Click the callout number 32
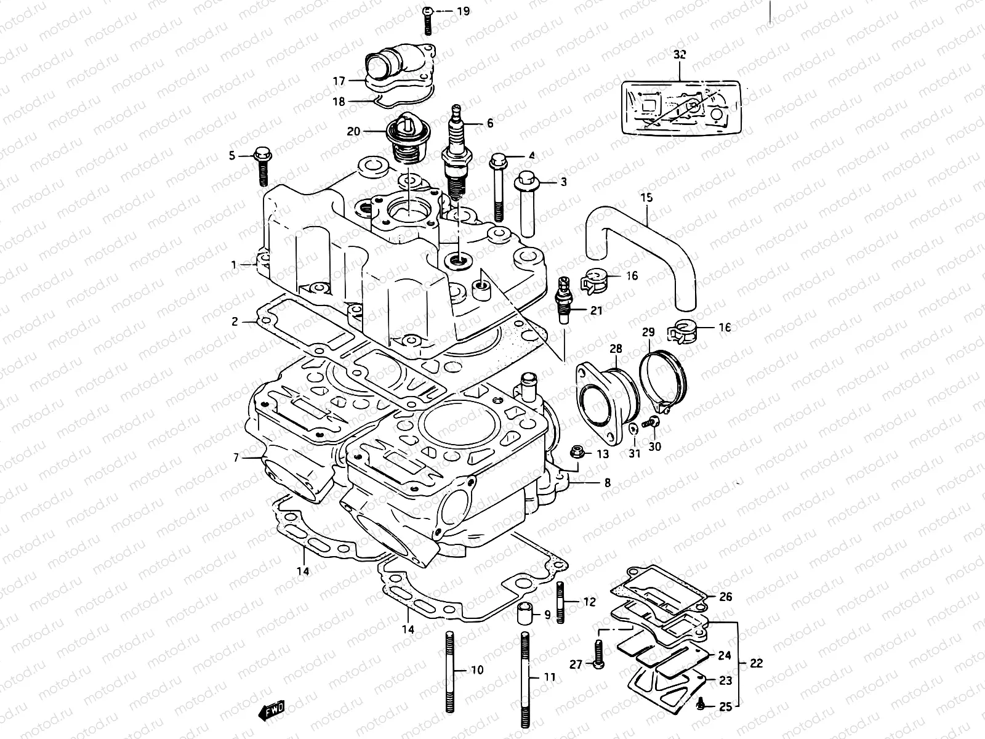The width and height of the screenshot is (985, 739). click(x=679, y=54)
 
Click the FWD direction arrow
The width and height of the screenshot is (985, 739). click(x=270, y=713)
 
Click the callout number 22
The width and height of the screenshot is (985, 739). click(x=756, y=663)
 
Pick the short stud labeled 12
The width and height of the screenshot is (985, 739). click(x=561, y=601)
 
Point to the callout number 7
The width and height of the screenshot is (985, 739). click(x=235, y=458)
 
